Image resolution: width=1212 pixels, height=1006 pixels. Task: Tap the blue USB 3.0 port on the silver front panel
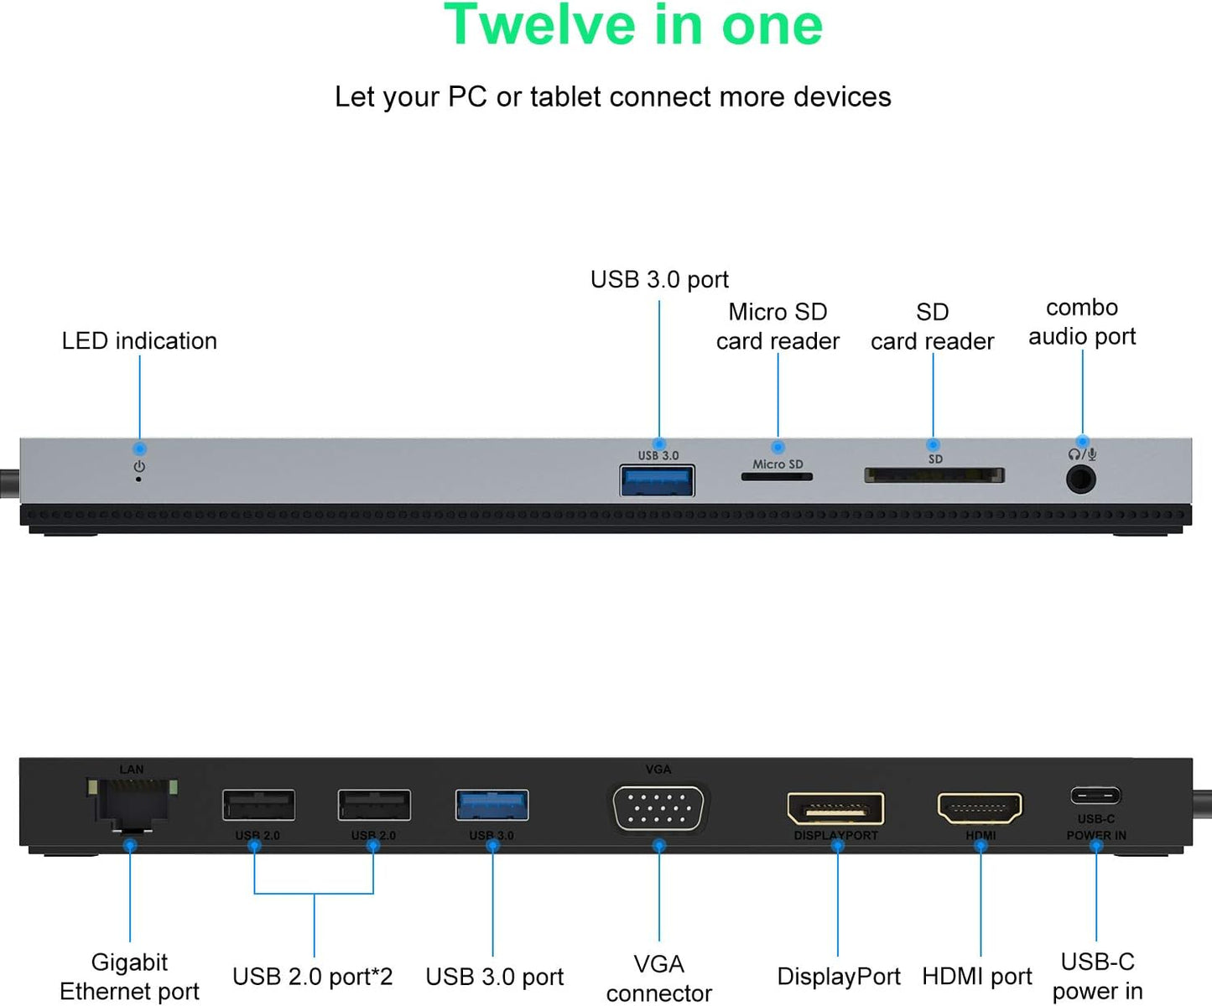click(658, 481)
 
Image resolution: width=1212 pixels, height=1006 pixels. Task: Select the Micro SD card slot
click(777, 477)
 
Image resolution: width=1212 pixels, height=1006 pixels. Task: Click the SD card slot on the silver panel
click(934, 475)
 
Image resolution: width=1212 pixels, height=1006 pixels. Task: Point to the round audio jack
click(1081, 480)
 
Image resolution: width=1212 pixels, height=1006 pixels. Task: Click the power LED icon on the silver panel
click(139, 467)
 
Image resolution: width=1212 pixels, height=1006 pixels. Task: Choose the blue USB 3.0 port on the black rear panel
click(492, 805)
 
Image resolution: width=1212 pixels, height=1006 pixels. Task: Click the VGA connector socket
click(659, 808)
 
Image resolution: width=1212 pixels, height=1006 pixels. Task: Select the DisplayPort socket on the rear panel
click(835, 809)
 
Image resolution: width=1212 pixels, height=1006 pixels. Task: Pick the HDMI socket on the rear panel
click(980, 809)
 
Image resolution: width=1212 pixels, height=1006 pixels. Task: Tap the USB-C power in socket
click(1095, 795)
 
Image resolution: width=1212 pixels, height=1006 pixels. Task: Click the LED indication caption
click(139, 341)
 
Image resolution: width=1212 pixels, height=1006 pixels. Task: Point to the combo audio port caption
click(1082, 322)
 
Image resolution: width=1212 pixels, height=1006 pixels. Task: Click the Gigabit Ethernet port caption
click(129, 977)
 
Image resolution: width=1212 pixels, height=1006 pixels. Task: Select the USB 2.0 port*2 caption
click(313, 977)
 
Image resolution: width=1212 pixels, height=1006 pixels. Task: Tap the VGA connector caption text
click(659, 978)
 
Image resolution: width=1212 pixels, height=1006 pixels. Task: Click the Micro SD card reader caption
click(778, 326)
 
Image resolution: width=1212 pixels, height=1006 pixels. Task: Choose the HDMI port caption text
click(977, 977)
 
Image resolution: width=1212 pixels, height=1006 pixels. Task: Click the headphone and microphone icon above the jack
click(1082, 454)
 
